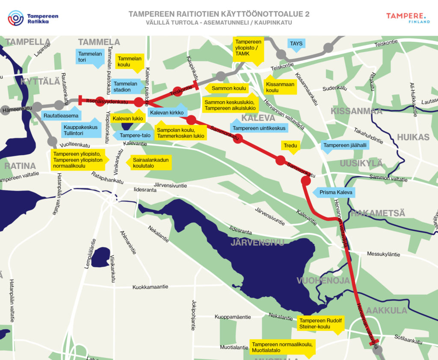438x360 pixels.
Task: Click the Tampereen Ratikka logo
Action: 33,18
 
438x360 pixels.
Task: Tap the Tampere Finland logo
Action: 408,18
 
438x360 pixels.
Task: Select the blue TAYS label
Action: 296,44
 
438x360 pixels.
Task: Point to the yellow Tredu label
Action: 290,146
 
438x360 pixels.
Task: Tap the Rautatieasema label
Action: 61,116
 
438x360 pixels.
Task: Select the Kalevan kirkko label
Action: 166,112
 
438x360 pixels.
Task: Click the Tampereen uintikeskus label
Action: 259,128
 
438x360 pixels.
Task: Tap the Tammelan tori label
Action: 90,57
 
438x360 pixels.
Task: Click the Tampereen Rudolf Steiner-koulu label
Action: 320,324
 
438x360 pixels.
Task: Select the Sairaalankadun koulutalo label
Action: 151,162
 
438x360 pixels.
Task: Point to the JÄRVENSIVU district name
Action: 257,243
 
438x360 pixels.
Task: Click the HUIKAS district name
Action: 413,137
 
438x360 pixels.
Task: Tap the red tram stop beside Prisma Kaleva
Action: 306,180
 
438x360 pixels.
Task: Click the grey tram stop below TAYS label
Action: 281,54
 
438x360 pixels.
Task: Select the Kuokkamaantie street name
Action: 150,287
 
